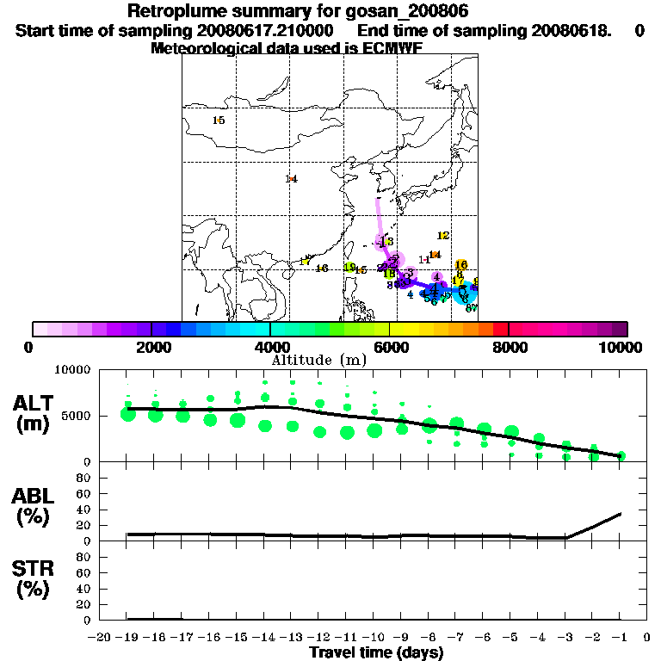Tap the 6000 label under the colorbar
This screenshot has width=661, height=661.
point(389,347)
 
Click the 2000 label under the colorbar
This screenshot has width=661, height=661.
point(151,347)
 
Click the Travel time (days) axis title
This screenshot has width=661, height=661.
point(376,653)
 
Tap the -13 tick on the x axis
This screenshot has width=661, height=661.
point(292,637)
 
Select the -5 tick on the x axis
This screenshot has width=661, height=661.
point(512,637)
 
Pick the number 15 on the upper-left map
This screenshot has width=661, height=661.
point(219,120)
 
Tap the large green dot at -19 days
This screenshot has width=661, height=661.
point(128,414)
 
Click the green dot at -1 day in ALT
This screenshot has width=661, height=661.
point(621,455)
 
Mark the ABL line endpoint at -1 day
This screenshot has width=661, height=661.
point(621,514)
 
